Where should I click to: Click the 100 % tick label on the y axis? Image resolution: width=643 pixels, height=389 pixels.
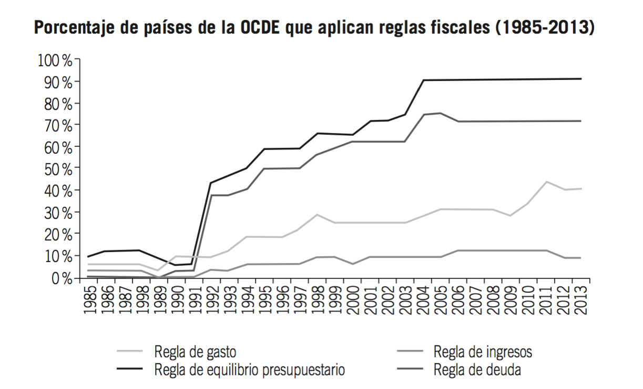tap(55, 60)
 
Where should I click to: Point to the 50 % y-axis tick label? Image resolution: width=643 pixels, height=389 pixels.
tap(57, 168)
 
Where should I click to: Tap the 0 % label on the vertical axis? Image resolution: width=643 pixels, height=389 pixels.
tap(60, 277)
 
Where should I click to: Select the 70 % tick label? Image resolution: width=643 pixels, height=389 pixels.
tap(57, 125)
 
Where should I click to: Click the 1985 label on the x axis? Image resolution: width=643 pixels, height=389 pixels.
tap(88, 300)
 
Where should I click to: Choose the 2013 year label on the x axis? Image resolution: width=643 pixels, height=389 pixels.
tap(581, 300)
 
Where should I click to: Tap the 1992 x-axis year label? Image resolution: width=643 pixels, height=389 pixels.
tap(211, 300)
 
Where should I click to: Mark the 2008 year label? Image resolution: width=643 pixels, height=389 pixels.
tap(493, 300)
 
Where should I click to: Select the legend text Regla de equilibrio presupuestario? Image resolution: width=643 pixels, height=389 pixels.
tap(250, 370)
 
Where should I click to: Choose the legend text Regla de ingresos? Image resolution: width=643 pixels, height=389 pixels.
tap(483, 352)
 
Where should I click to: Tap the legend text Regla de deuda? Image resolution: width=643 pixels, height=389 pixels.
tap(477, 370)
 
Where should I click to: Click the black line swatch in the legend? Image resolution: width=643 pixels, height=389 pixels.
tap(129, 370)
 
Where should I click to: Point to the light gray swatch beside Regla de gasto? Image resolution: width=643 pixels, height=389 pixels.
tap(129, 352)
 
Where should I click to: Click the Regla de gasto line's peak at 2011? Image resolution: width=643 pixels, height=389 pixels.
tap(546, 182)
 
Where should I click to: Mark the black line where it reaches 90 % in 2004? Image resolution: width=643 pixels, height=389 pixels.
tap(423, 80)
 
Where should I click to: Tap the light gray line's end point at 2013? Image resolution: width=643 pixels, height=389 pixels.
tap(581, 188)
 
